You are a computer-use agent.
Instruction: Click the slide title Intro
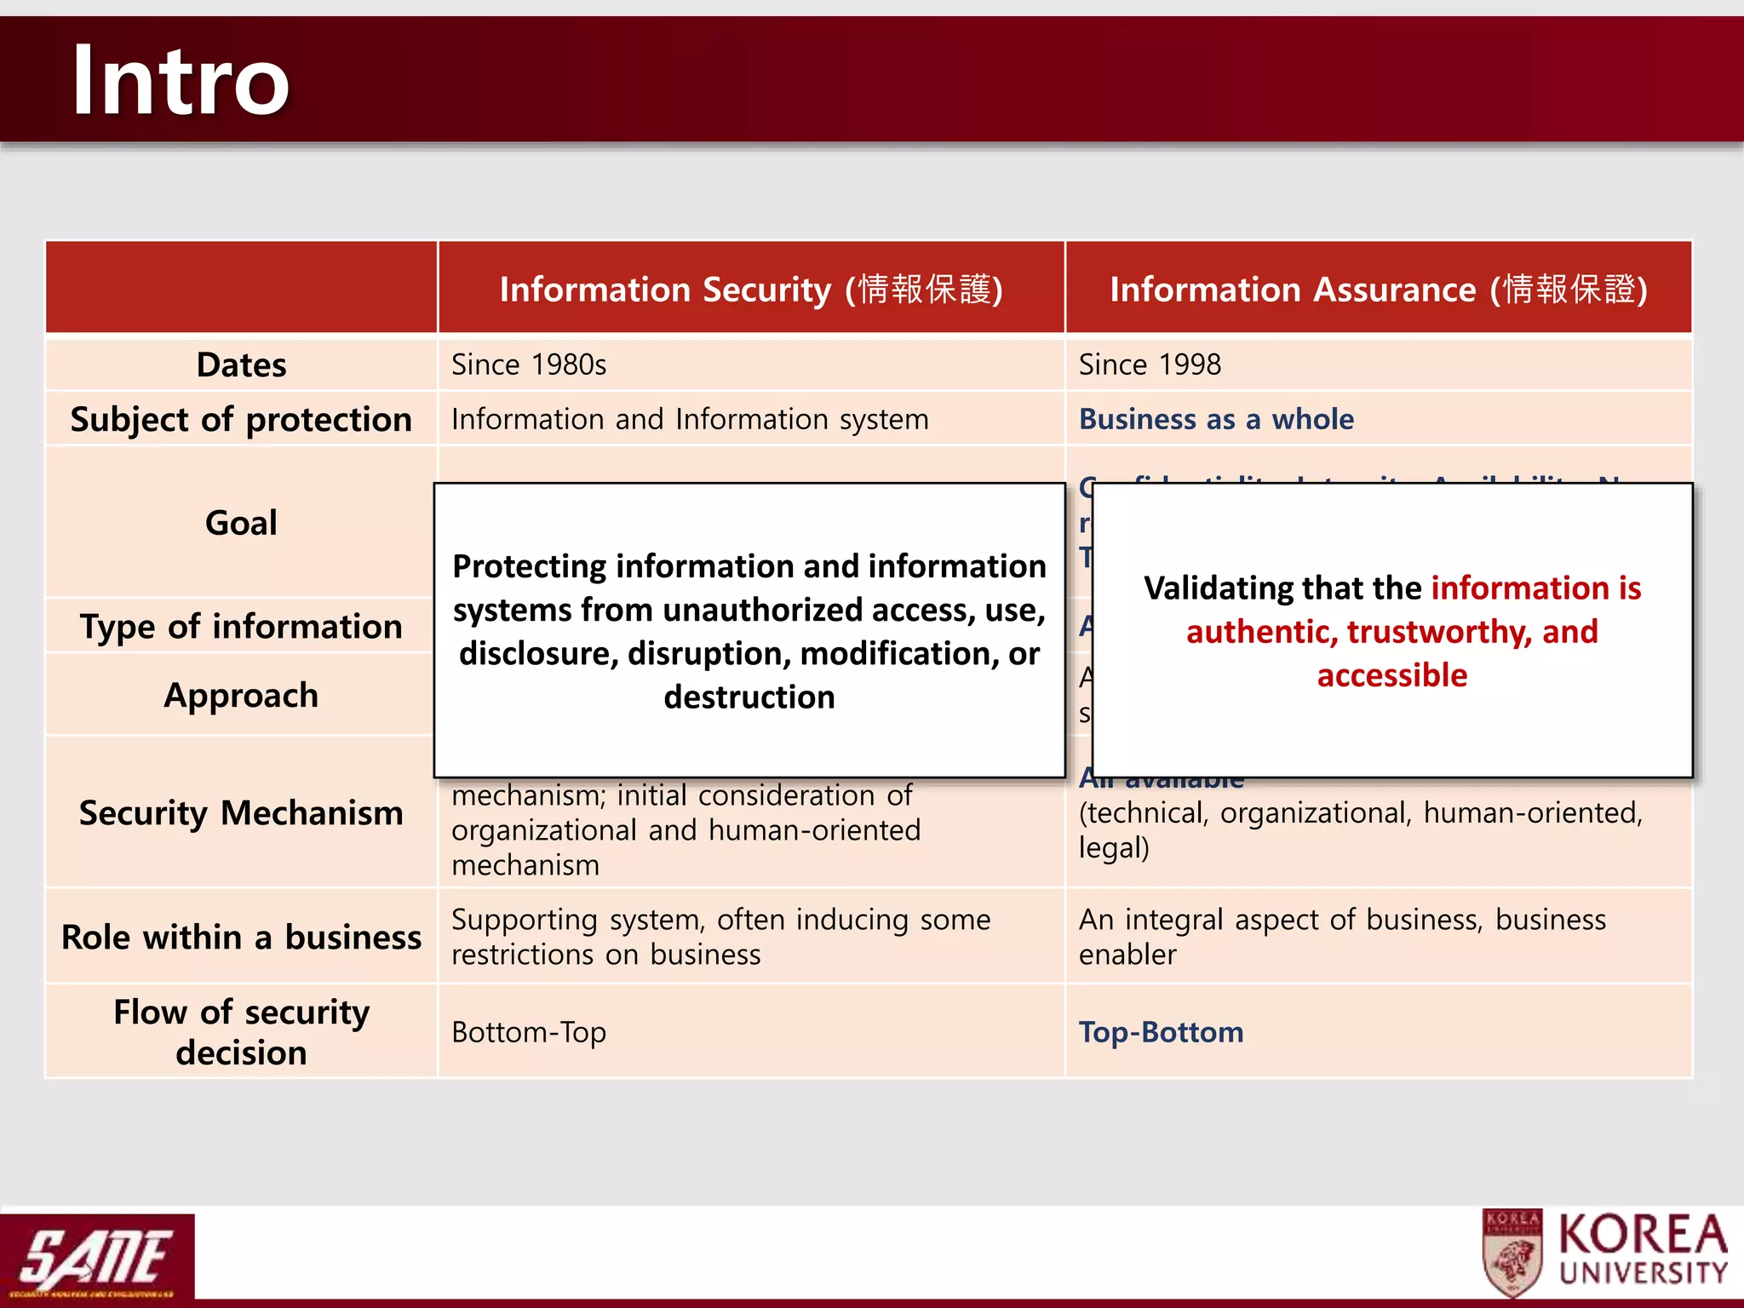point(181,81)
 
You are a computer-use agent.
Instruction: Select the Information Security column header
point(750,290)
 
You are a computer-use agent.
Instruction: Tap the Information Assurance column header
point(1378,290)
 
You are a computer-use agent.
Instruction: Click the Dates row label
point(241,364)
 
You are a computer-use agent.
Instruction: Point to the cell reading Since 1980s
point(529,364)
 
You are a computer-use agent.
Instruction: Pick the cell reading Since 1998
point(1150,364)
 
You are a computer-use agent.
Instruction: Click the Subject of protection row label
point(241,419)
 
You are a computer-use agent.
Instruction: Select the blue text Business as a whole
point(1216,419)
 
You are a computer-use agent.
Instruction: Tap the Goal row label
point(241,522)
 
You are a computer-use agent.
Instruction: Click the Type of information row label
point(241,626)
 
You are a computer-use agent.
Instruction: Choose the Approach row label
point(241,695)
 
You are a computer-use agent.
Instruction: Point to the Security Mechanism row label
point(241,812)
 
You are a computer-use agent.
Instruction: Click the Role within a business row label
point(241,937)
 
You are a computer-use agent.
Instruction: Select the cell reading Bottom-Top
point(529,1032)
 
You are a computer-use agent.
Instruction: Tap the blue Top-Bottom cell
point(1161,1032)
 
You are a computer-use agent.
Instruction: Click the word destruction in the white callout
point(749,697)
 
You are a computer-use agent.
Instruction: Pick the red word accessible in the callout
point(1392,675)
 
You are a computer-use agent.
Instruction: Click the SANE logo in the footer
point(96,1257)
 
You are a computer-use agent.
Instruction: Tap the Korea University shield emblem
point(1512,1254)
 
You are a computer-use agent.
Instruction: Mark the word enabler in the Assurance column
point(1127,955)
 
